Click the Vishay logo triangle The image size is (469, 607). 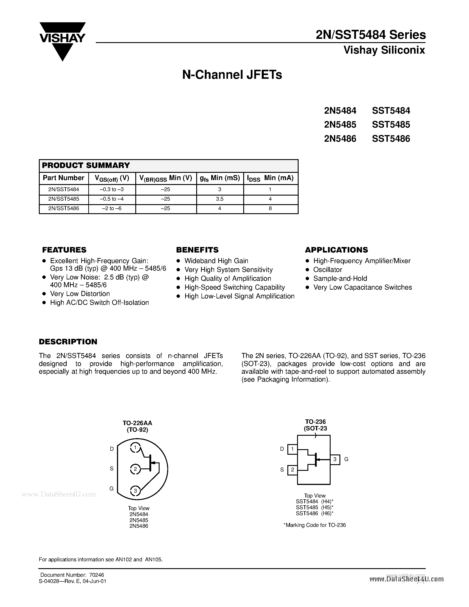[62, 42]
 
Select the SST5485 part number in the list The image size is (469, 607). [391, 124]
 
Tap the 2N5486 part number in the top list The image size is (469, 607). [340, 138]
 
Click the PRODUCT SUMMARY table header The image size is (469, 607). [86, 165]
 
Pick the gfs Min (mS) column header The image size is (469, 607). [220, 178]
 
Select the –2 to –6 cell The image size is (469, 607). [112, 208]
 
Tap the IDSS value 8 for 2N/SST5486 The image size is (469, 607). [270, 208]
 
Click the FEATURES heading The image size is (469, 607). [64, 250]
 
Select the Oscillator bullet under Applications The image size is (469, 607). [327, 270]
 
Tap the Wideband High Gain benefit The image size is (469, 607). [216, 261]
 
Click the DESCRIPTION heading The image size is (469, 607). [68, 342]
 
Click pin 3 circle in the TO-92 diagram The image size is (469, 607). [135, 491]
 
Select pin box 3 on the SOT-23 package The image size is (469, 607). [335, 459]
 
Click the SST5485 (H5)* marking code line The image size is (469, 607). [315, 507]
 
